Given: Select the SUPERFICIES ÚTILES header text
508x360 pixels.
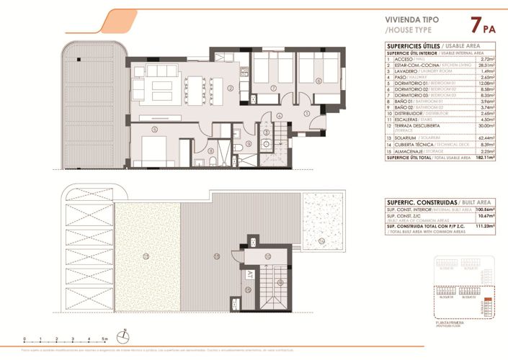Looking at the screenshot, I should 412,46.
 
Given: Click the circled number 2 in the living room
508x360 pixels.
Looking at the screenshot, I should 230,89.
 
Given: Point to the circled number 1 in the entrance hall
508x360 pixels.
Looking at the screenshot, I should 306,112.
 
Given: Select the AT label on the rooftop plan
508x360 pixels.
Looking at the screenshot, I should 250,274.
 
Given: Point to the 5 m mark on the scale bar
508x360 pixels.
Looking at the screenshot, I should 105,338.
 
